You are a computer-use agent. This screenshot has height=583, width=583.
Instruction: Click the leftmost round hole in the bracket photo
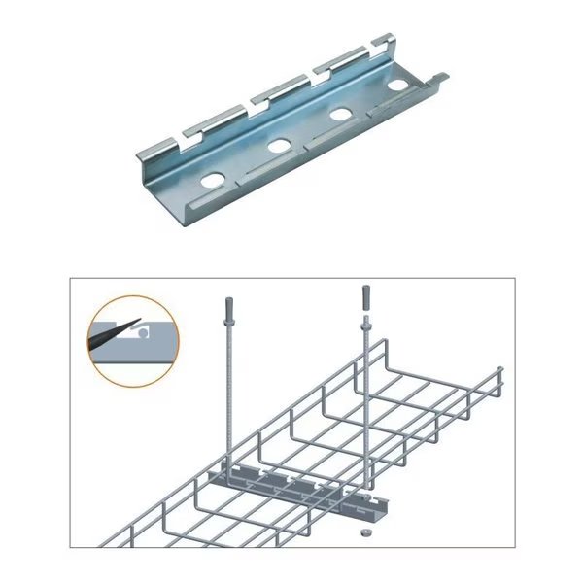pyautogui.click(x=212, y=180)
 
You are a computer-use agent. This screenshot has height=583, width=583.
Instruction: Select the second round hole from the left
pyautogui.click(x=279, y=147)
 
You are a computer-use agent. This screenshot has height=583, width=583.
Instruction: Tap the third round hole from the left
pyautogui.click(x=341, y=115)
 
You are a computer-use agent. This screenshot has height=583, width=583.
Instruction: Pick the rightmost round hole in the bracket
pyautogui.click(x=396, y=86)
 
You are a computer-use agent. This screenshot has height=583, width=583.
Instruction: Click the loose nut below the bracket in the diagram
pyautogui.click(x=362, y=533)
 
